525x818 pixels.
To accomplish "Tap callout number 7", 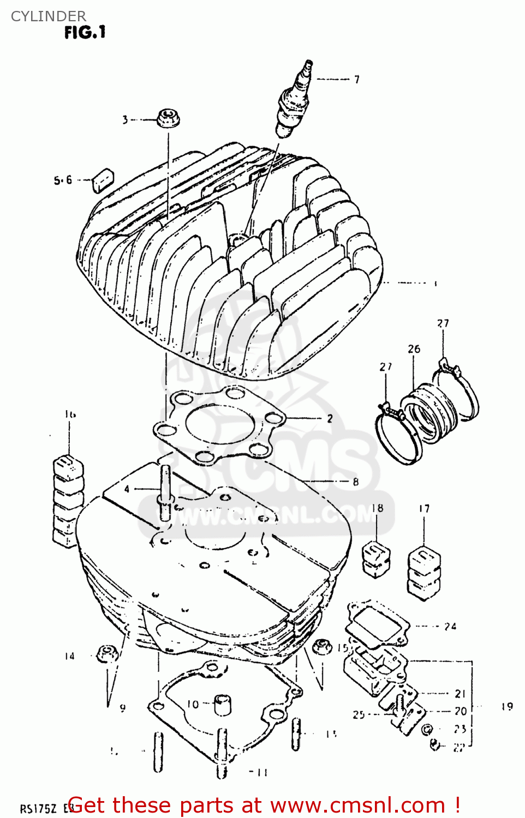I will coord(356,80).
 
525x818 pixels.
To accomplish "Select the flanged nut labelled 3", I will coord(168,118).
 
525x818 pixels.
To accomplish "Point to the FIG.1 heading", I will coord(85,33).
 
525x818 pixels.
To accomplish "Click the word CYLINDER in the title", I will coord(49,16).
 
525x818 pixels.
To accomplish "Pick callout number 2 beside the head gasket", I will coord(330,419).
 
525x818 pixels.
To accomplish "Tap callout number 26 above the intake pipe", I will coord(414,349).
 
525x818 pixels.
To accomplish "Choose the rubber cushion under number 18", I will coord(376,558).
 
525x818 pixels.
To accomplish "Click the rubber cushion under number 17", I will coord(424,573).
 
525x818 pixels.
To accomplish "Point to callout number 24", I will coord(450,627).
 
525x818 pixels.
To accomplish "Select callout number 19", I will coord(507,707).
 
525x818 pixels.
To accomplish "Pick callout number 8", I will coord(355,482).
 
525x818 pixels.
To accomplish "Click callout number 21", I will coord(460,694).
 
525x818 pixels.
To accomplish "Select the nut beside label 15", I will coord(321,646).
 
